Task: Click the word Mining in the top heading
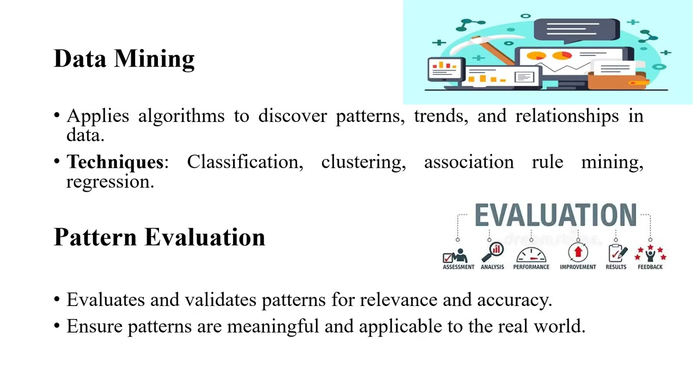click(154, 59)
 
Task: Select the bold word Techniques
click(114, 162)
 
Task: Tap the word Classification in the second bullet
click(245, 162)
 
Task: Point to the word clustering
click(363, 162)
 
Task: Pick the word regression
click(110, 182)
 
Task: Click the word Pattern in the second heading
click(95, 237)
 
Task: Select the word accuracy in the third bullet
click(515, 299)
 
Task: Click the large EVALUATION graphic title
click(555, 216)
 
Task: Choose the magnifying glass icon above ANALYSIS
click(495, 252)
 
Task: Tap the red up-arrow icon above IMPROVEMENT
click(578, 253)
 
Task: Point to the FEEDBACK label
click(650, 267)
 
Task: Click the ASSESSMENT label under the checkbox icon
click(458, 267)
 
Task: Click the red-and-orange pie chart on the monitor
click(562, 56)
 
